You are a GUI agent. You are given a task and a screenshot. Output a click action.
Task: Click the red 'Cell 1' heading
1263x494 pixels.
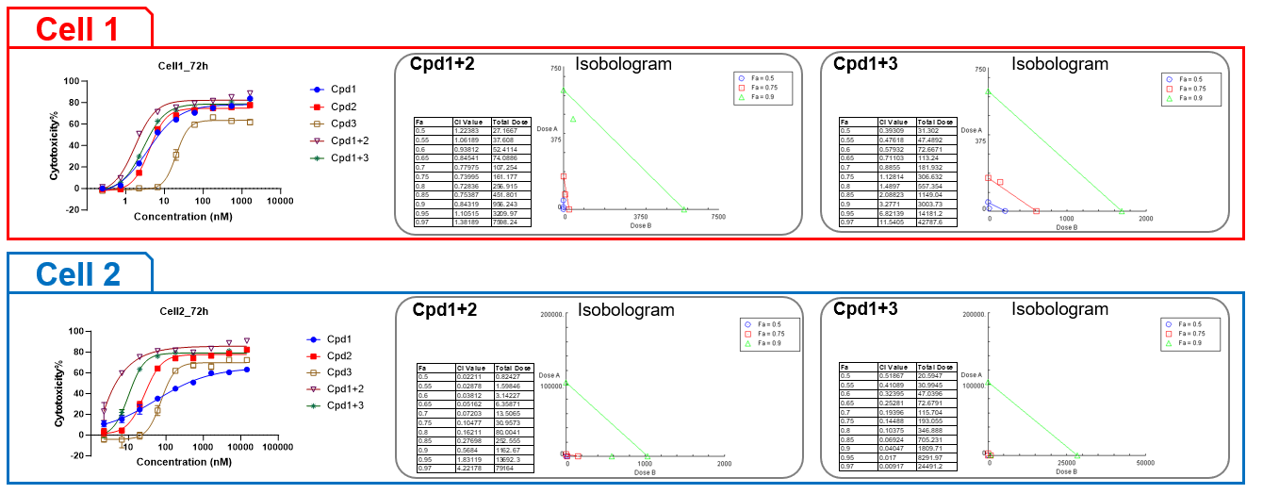(x=77, y=28)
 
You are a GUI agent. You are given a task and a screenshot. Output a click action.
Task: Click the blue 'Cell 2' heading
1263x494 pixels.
(x=78, y=273)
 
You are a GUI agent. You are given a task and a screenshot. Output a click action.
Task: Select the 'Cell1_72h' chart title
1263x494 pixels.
(x=183, y=65)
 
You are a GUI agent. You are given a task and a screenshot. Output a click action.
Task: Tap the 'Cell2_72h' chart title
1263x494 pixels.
(x=183, y=311)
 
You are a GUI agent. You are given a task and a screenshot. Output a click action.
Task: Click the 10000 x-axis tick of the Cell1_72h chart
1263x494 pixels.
(x=279, y=201)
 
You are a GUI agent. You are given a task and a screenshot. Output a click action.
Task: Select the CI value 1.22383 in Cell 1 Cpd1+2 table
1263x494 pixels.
(x=469, y=130)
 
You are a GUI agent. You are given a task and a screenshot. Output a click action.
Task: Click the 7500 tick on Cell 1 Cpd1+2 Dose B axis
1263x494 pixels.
(x=717, y=216)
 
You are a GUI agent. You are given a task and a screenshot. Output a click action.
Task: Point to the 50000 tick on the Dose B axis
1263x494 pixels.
(x=1144, y=463)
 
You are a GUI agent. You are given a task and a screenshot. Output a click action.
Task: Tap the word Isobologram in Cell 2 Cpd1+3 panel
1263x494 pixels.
(x=1059, y=309)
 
